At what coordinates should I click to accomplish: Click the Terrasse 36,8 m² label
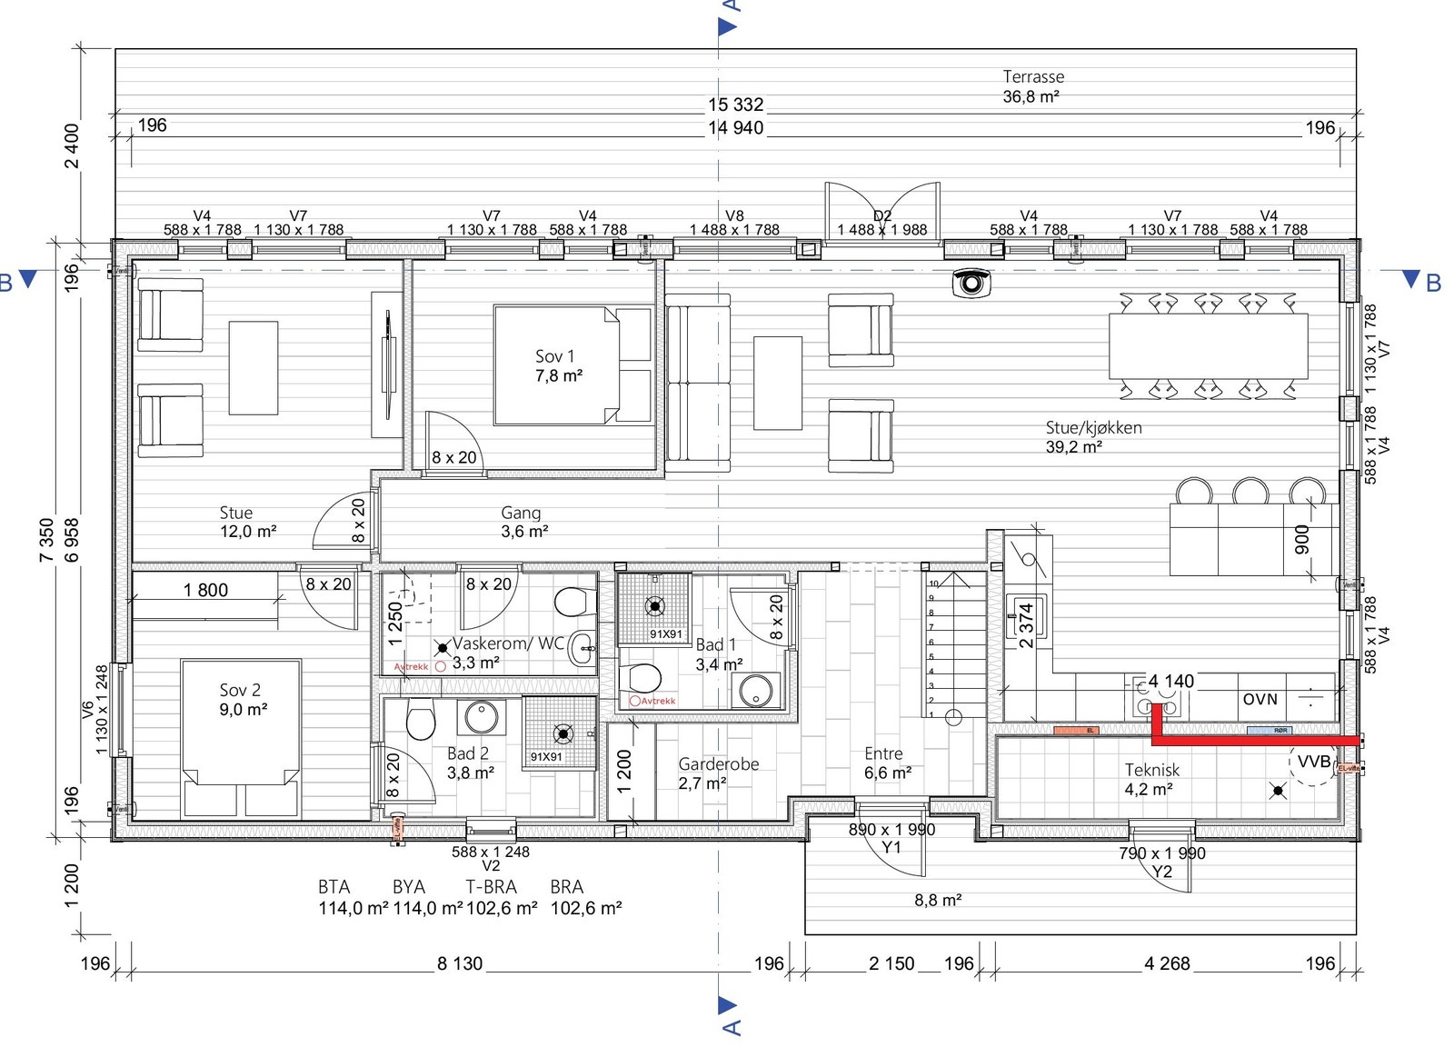point(1033,86)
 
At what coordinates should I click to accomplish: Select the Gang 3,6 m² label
point(523,522)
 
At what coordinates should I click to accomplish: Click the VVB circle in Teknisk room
point(1313,763)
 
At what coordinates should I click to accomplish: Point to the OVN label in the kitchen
point(1260,700)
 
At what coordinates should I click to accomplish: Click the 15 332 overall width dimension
point(735,105)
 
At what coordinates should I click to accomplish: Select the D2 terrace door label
point(881,216)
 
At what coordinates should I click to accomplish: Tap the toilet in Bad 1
point(642,678)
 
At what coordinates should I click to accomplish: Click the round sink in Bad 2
point(481,717)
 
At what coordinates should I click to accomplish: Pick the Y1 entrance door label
point(891,847)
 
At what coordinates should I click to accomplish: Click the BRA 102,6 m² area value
point(585,908)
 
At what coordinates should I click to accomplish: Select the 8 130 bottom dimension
point(459,964)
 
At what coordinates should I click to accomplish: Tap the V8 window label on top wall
point(734,216)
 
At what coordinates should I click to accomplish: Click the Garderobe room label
point(718,773)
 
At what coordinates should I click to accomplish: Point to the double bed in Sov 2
point(240,736)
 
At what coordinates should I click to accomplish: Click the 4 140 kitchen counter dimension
point(1170,682)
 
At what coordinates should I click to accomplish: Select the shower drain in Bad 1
point(654,605)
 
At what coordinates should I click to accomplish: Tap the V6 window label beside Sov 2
point(88,710)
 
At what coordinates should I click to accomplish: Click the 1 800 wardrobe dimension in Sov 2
point(205,591)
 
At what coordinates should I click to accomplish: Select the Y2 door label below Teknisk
point(1161,872)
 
